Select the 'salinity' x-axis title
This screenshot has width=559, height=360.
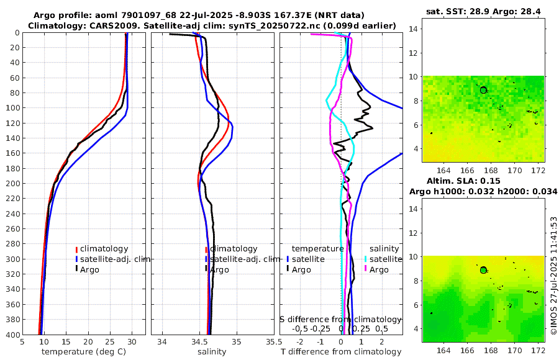click(x=212, y=351)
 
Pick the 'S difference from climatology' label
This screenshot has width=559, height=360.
click(x=340, y=318)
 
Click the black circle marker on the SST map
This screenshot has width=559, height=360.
click(x=483, y=90)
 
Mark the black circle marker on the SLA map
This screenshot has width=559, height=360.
click(x=483, y=270)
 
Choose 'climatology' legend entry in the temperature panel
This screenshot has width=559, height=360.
click(x=103, y=248)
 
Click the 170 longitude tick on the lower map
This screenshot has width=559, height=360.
click(x=515, y=351)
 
